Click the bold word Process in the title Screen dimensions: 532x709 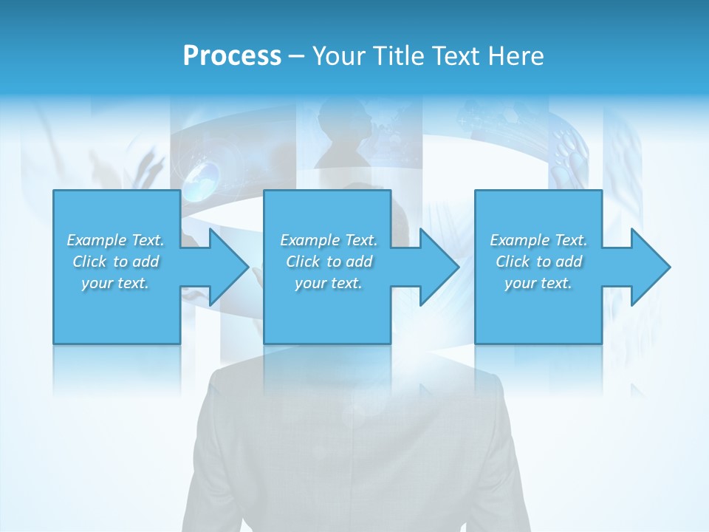(232, 56)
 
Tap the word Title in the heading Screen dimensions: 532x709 (397, 56)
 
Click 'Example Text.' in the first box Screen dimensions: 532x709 (115, 240)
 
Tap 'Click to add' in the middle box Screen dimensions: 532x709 (329, 262)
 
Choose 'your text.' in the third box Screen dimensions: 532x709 (538, 283)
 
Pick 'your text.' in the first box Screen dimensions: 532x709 (115, 283)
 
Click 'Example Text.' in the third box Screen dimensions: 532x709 (538, 240)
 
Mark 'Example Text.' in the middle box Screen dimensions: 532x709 (329, 240)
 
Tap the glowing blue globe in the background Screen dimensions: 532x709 (202, 180)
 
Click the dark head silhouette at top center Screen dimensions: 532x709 (341, 133)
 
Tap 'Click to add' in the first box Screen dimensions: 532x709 (115, 262)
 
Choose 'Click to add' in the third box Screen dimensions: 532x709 (538, 262)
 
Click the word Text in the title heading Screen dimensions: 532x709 (457, 56)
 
